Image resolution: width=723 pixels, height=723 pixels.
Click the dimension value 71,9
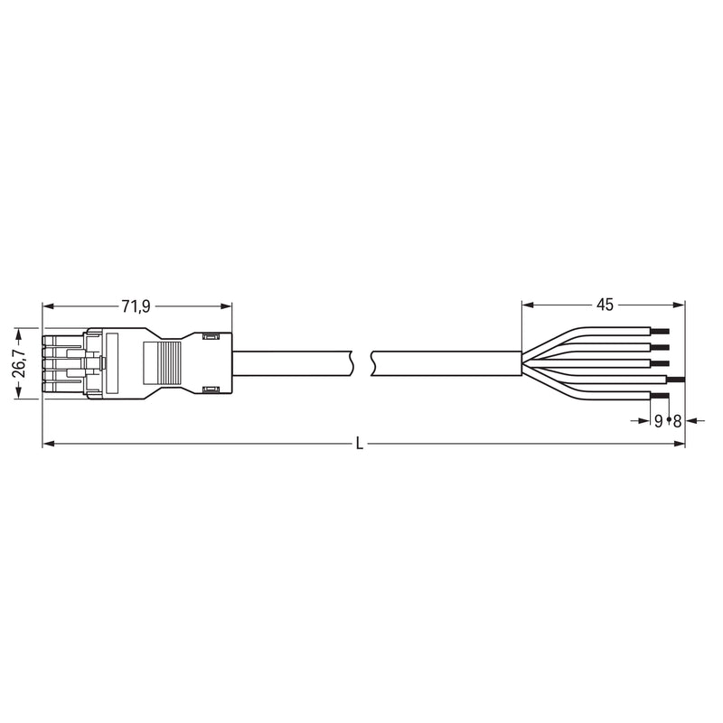(136, 306)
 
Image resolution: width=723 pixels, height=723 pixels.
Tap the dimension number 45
(605, 305)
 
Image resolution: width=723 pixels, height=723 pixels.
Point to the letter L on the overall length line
(360, 444)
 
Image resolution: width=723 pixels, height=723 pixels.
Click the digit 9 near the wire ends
(659, 420)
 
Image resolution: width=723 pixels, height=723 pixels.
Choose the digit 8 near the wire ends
(677, 420)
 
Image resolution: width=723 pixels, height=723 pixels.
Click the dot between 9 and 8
(668, 420)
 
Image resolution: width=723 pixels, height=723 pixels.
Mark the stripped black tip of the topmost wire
(660, 331)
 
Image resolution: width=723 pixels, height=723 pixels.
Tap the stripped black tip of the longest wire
(675, 380)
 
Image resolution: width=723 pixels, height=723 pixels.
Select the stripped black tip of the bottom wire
(660, 396)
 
